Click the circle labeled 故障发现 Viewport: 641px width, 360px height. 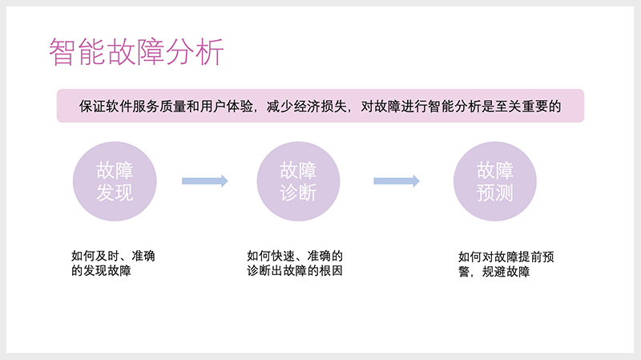(114, 181)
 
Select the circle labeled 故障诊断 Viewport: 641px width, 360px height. (298, 181)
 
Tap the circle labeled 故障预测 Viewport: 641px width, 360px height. (494, 181)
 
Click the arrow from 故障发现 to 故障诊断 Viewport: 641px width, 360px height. (205, 181)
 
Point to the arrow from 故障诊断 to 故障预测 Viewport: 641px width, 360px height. (397, 181)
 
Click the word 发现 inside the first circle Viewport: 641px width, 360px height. (114, 193)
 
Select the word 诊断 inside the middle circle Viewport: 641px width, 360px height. (298, 193)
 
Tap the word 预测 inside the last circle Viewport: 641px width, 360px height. (494, 193)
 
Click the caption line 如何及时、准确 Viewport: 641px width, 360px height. (114, 257)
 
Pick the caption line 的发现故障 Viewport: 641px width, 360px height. (102, 272)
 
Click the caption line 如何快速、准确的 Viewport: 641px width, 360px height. (295, 257)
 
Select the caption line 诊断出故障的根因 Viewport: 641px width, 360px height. (295, 272)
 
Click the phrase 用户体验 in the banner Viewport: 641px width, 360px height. (229, 106)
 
